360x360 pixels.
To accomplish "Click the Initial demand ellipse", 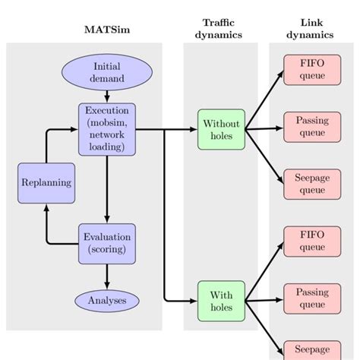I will pyautogui.click(x=106, y=71).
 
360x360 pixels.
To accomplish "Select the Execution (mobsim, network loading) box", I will pyautogui.click(x=106, y=129).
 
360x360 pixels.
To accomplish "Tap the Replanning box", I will pyautogui.click(x=46, y=182).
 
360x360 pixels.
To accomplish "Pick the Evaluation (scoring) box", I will pyautogui.click(x=106, y=243).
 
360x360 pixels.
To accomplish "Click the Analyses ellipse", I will pyautogui.click(x=106, y=301).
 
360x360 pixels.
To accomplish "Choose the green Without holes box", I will pyautogui.click(x=221, y=130).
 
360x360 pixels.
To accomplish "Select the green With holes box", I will pyautogui.click(x=221, y=302).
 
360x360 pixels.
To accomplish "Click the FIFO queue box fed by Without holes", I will pyautogui.click(x=311, y=70).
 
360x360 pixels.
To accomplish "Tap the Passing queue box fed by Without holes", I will pyautogui.click(x=311, y=127).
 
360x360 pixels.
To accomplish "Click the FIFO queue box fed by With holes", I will pyautogui.click(x=311, y=241).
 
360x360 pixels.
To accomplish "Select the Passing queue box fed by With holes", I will pyautogui.click(x=311, y=298).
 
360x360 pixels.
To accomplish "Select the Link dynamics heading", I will pyautogui.click(x=311, y=28).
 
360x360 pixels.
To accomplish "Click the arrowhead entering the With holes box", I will pyautogui.click(x=192, y=302).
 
